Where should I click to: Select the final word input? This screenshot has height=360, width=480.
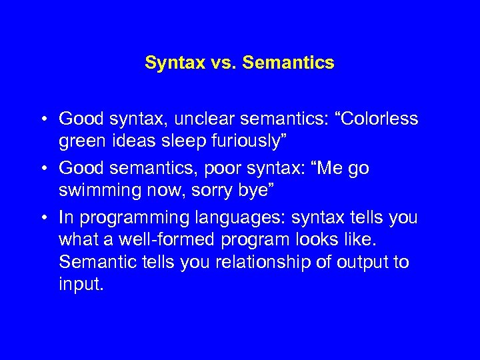(x=81, y=284)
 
